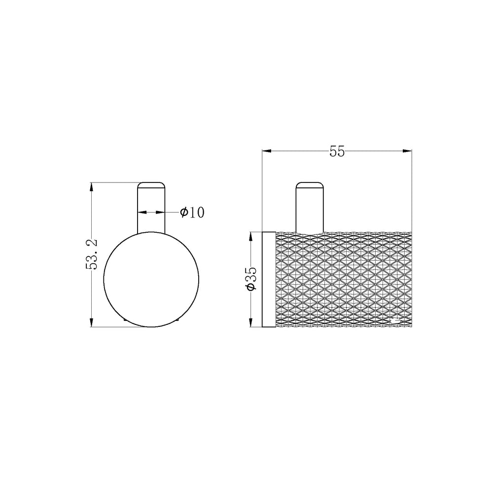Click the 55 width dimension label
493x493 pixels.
(337, 151)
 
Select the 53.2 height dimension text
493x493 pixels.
(92, 254)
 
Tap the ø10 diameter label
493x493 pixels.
(192, 212)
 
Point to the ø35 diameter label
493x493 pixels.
(251, 279)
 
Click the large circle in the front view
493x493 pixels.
(104, 280)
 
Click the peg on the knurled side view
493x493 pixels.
(310, 207)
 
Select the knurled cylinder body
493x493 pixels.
(344, 279)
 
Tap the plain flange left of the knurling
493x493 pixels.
(269, 279)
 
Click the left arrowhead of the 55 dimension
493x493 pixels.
(266, 151)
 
